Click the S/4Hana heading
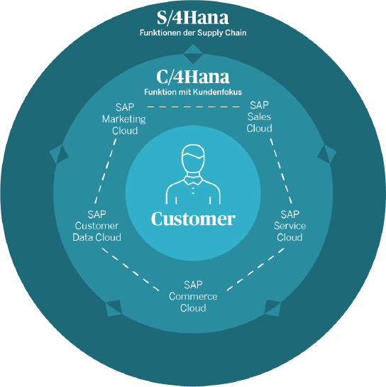[192, 18]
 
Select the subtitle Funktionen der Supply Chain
[193, 33]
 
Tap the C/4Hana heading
[193, 77]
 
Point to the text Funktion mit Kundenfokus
[193, 92]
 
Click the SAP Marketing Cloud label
[124, 119]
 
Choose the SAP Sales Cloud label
[259, 116]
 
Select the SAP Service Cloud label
[289, 226]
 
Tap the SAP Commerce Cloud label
[193, 296]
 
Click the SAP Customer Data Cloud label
[96, 226]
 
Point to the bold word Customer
[193, 219]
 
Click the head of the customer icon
[193, 158]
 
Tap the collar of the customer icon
[193, 180]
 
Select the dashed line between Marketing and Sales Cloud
[193, 107]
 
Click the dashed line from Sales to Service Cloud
[281, 171]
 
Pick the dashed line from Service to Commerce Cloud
[255, 269]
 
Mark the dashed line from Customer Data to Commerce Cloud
[131, 269]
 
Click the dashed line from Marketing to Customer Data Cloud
[105, 171]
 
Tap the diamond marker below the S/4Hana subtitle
[193, 54]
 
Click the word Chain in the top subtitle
[236, 33]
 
